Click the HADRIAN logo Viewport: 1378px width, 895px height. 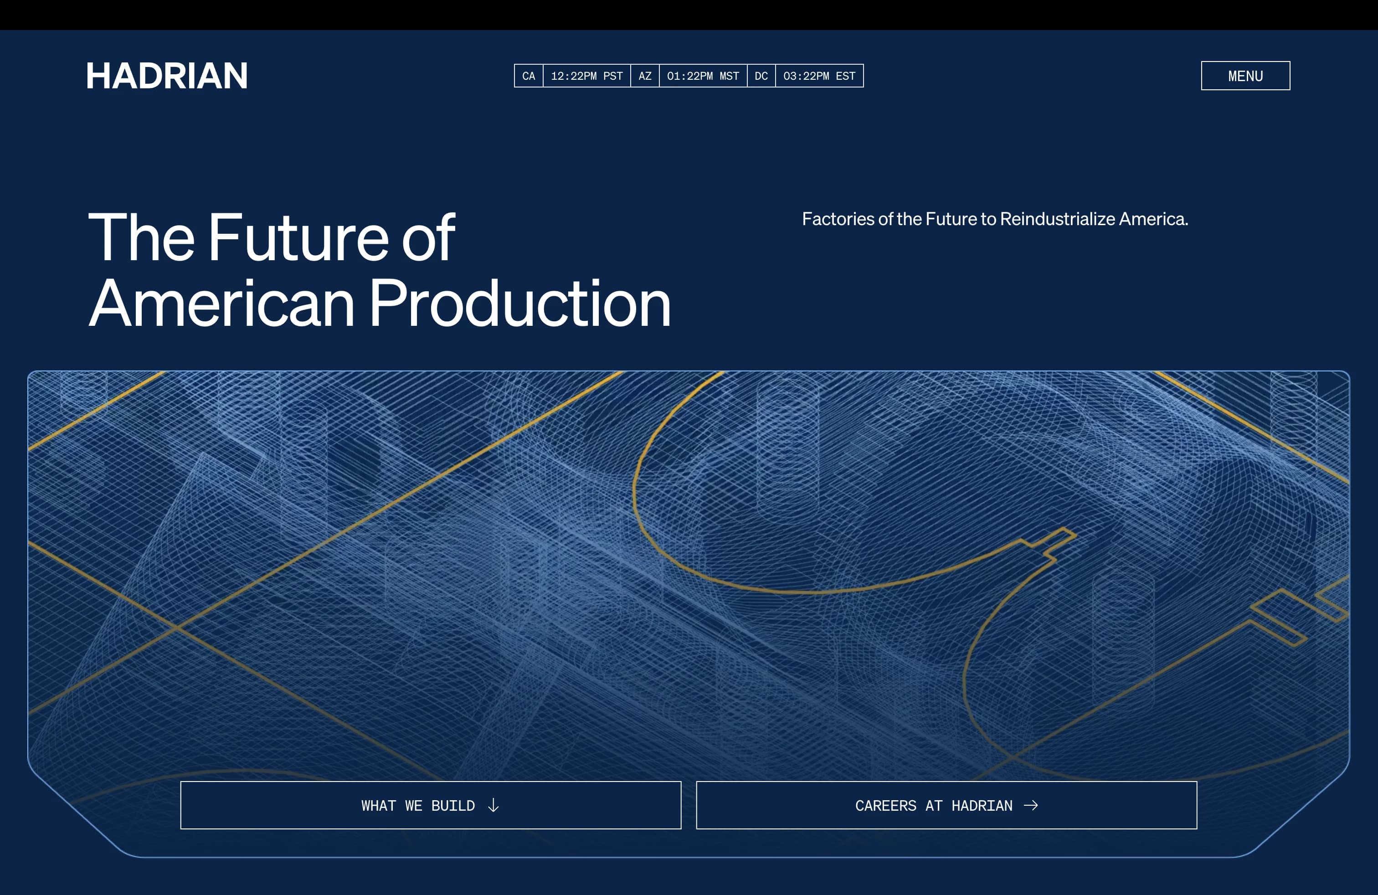[x=167, y=76]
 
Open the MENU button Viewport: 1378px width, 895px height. [x=1245, y=76]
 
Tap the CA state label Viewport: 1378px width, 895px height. [x=529, y=76]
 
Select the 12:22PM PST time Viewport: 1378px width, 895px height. [x=586, y=76]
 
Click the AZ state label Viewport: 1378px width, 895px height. [x=645, y=76]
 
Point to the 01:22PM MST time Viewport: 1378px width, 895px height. [x=703, y=76]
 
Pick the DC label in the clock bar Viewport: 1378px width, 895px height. [x=761, y=76]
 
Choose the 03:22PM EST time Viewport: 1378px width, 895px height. [x=819, y=76]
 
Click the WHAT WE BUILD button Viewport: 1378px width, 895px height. [x=431, y=805]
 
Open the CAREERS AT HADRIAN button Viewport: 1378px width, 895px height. [x=946, y=805]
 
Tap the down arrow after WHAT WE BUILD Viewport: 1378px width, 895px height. [x=494, y=805]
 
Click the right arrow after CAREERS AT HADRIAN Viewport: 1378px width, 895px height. [x=1031, y=805]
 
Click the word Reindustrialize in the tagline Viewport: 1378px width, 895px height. [x=1058, y=219]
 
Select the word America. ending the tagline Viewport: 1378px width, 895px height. [x=1153, y=219]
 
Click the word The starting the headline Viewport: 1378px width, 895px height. [x=141, y=237]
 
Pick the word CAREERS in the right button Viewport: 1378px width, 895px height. [x=886, y=805]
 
